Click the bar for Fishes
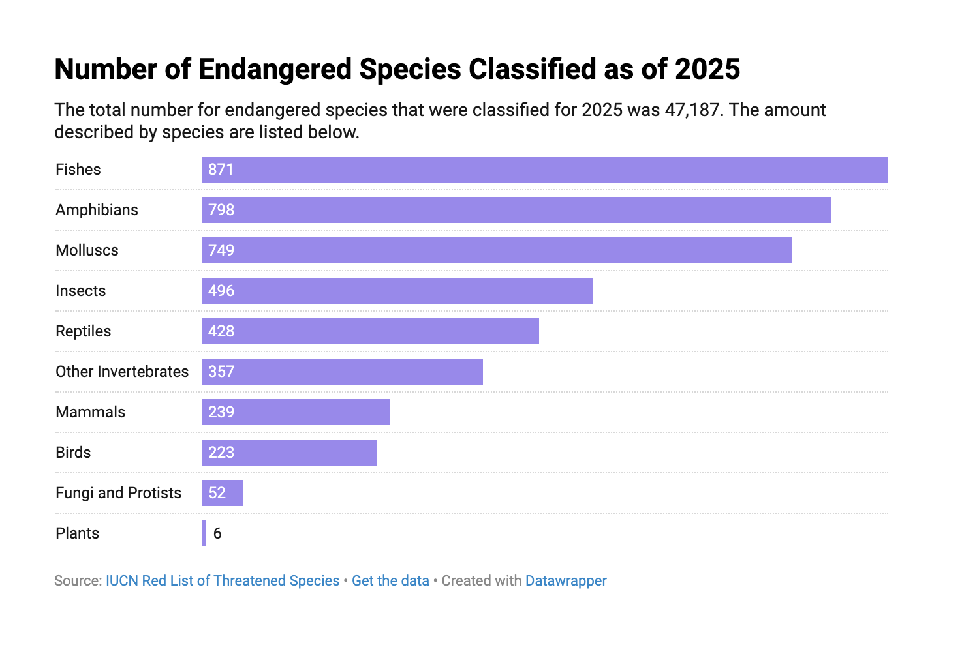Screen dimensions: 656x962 tap(544, 170)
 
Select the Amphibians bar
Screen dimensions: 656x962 tap(516, 210)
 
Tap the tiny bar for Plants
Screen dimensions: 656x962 tap(204, 533)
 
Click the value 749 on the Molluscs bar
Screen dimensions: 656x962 tap(221, 250)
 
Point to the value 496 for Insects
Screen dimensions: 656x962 tap(221, 291)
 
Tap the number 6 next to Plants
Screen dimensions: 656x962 tap(217, 533)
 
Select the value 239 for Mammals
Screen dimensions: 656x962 tap(221, 412)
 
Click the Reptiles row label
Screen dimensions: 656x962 tap(84, 331)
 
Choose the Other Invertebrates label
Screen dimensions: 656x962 tap(122, 372)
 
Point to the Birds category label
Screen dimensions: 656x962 tap(73, 453)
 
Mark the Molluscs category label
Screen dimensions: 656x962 tap(87, 250)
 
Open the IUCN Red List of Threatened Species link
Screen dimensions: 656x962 tap(223, 581)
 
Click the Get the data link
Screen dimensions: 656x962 tap(390, 581)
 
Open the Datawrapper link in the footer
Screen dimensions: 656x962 tap(566, 581)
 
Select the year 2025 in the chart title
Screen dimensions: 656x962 tap(707, 70)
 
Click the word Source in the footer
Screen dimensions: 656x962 tap(76, 581)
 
